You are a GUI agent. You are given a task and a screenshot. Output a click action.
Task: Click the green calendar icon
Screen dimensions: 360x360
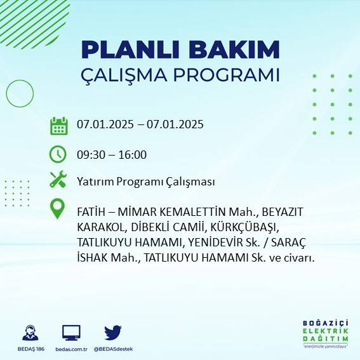pyautogui.click(x=58, y=125)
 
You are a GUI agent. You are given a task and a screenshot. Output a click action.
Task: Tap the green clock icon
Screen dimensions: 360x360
pyautogui.click(x=58, y=154)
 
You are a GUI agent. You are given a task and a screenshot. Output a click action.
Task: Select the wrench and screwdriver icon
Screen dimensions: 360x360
pyautogui.click(x=58, y=180)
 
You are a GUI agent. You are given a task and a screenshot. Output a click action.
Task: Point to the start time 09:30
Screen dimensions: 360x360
pyautogui.click(x=90, y=154)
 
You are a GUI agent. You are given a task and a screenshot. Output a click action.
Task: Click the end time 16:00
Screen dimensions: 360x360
pyautogui.click(x=133, y=154)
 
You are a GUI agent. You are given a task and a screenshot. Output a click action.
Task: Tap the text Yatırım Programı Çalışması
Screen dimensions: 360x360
pyautogui.click(x=145, y=182)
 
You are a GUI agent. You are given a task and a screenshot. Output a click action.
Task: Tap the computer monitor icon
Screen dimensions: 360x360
pyautogui.click(x=71, y=332)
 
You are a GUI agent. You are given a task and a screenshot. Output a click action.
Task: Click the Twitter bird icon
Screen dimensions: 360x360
pyautogui.click(x=113, y=332)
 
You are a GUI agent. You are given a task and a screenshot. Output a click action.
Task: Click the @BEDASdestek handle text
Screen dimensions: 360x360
pyautogui.click(x=113, y=349)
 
